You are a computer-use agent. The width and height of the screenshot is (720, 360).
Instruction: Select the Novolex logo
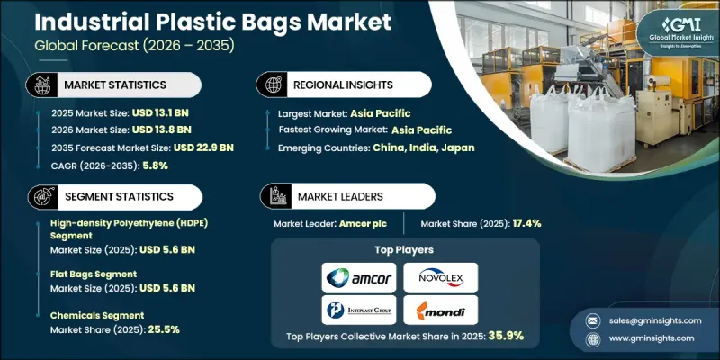pyautogui.click(x=440, y=276)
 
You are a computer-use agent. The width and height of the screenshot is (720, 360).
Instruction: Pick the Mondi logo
pyautogui.click(x=440, y=310)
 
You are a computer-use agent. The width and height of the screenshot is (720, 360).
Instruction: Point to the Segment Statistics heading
pyautogui.click(x=116, y=195)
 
